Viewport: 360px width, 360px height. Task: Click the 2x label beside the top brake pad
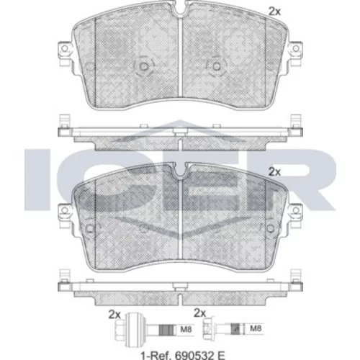pyautogui.click(x=274, y=12)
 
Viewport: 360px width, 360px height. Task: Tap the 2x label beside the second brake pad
pyautogui.click(x=274, y=171)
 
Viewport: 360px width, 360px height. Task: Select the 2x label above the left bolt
pyautogui.click(x=114, y=315)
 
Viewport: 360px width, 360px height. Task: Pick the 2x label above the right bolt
pyautogui.click(x=200, y=312)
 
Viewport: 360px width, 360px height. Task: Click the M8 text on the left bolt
pyautogui.click(x=186, y=329)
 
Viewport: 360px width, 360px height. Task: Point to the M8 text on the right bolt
pyautogui.click(x=256, y=328)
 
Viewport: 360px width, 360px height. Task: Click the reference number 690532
pyautogui.click(x=194, y=355)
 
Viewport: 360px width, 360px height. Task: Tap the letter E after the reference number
pyautogui.click(x=221, y=355)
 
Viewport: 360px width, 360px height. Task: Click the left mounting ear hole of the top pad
pyautogui.click(x=64, y=48)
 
